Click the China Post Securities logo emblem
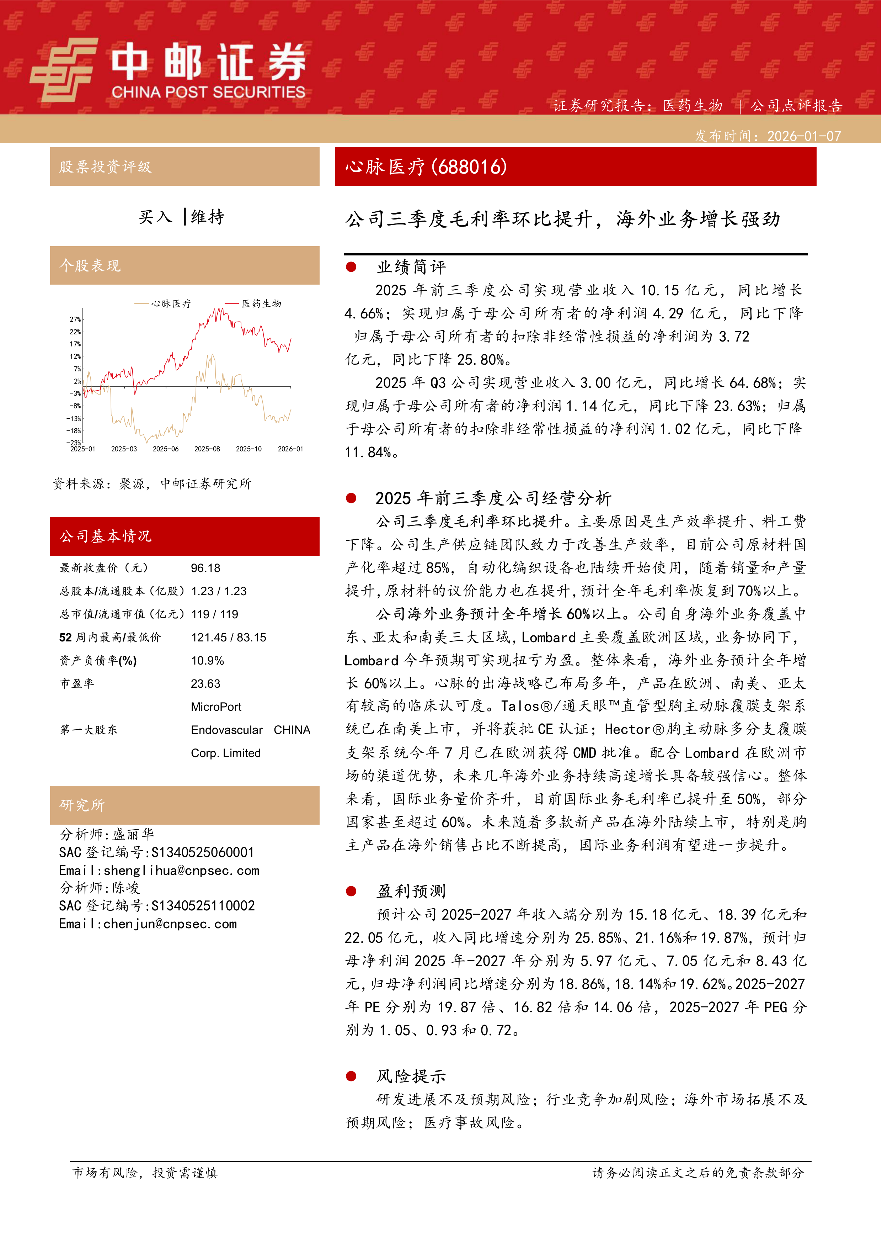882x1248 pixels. (64, 70)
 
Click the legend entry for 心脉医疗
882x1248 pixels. (171, 303)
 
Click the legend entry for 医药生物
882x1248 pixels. (261, 303)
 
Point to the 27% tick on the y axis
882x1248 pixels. (75, 319)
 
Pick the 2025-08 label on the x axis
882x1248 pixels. (207, 449)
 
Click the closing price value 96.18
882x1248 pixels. (205, 568)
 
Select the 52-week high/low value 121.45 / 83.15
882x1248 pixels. (229, 638)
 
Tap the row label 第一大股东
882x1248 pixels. (89, 730)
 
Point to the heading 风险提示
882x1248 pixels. (411, 1076)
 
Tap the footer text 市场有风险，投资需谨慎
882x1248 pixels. (145, 1173)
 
